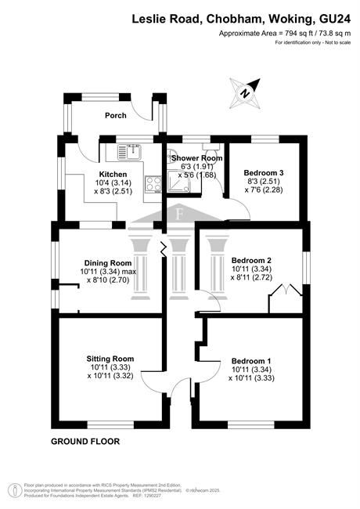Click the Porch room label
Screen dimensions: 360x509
point(116,115)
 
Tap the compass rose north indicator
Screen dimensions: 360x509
point(245,93)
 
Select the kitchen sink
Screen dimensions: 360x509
point(129,152)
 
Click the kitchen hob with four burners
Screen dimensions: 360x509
point(153,184)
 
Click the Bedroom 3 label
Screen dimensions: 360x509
point(264,173)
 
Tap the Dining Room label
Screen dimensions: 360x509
point(108,263)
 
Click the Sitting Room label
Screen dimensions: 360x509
point(110,359)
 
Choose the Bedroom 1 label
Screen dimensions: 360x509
point(251,361)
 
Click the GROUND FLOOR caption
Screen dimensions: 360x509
point(85,442)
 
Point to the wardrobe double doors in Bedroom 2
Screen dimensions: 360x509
point(285,290)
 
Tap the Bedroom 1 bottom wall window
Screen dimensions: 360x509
point(251,424)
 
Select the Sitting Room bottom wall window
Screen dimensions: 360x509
point(110,424)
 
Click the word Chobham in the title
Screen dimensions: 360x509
point(234,19)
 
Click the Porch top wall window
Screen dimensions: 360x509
point(100,97)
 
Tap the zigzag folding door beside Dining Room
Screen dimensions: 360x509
point(164,249)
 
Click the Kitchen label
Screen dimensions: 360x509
point(113,175)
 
